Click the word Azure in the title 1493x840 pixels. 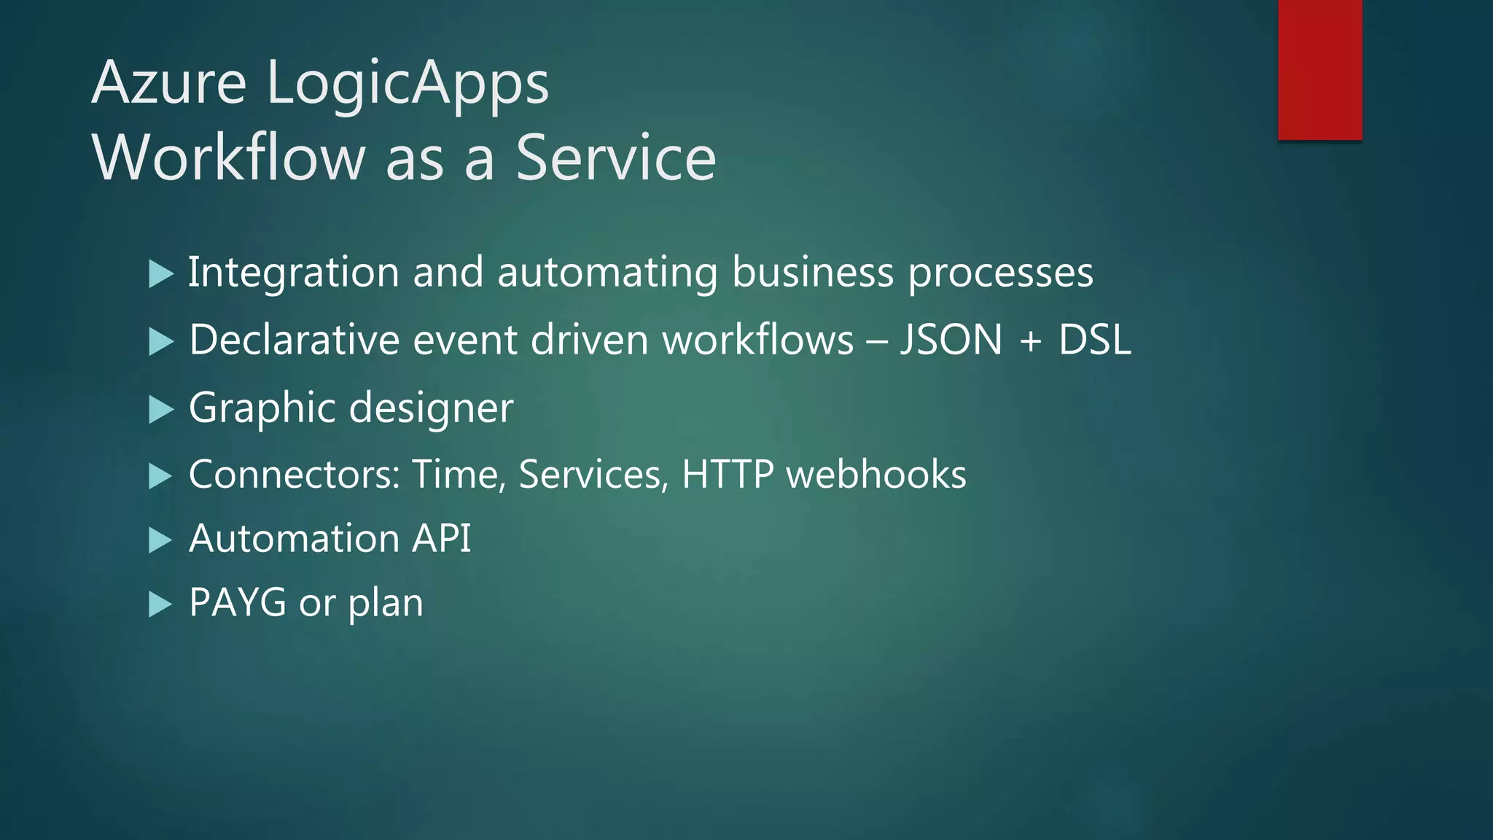[169, 83]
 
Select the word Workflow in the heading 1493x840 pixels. [228, 158]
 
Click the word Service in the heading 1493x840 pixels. [616, 158]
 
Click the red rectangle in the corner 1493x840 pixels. [1319, 69]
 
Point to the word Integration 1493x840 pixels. [293, 273]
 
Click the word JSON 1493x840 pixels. [951, 341]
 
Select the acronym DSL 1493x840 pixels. [1094, 341]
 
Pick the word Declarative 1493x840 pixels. [295, 341]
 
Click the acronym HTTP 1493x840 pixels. [727, 475]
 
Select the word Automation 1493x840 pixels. [293, 539]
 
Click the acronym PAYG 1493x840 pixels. [237, 603]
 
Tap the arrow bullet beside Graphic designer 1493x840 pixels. [160, 410]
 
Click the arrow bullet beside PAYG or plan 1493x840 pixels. [160, 604]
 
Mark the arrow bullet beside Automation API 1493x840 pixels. [160, 540]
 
